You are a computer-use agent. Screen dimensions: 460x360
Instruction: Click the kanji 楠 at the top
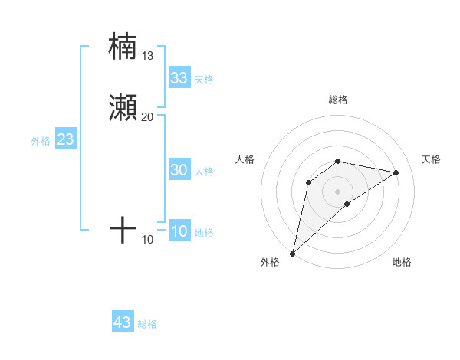point(123,46)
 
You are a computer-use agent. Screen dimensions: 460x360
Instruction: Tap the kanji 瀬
point(123,107)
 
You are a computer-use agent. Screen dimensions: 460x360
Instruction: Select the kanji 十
point(123,229)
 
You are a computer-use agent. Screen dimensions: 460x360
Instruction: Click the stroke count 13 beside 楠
point(148,55)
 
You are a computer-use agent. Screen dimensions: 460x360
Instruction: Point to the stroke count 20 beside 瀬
point(148,116)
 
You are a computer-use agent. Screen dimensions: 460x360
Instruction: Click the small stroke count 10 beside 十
point(148,240)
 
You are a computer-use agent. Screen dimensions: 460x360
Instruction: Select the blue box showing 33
point(179,78)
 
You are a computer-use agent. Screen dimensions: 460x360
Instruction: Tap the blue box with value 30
point(179,171)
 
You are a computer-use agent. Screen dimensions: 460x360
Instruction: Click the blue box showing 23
point(65,140)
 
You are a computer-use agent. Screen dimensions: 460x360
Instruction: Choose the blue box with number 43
point(123,323)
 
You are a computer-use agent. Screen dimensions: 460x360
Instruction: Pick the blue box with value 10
point(179,232)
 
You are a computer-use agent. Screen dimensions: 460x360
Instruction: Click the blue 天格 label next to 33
point(204,80)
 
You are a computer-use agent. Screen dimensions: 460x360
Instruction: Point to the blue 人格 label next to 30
point(204,172)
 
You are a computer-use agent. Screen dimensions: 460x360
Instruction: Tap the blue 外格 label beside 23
point(41,141)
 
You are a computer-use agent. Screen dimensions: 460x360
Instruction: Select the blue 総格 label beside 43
point(147,324)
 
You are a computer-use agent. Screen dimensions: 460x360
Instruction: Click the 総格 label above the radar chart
point(338,100)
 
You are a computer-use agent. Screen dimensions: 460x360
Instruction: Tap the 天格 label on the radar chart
point(431,159)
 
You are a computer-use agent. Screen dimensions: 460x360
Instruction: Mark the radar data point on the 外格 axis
point(293,253)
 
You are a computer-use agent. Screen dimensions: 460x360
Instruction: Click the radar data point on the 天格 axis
point(396,172)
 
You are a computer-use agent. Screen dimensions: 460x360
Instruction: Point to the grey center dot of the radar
point(338,191)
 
